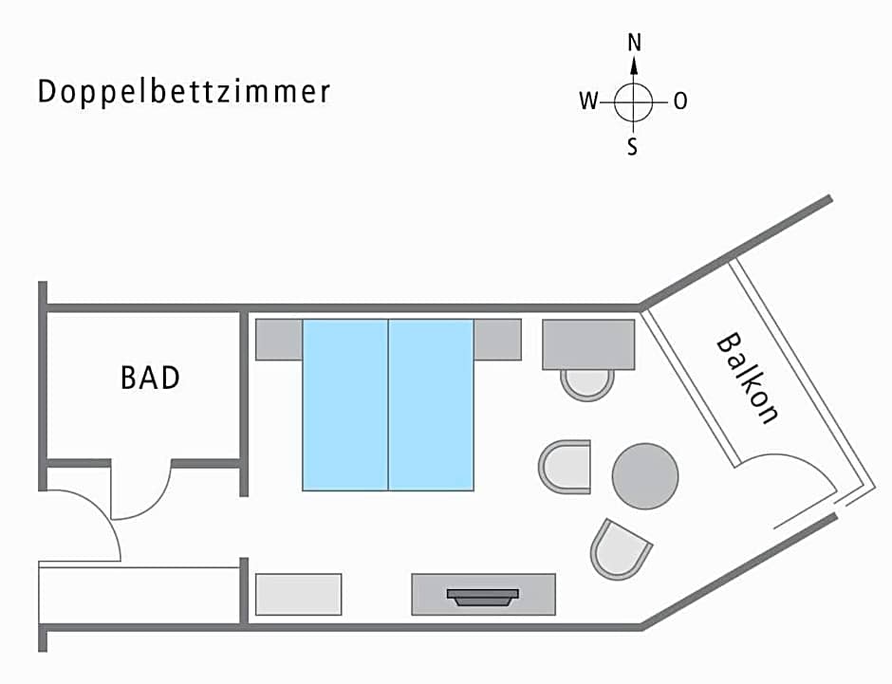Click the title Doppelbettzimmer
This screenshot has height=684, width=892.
[184, 92]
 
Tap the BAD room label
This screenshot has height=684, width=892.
[150, 378]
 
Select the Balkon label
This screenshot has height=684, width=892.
[749, 377]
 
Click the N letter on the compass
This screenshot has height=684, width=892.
[634, 43]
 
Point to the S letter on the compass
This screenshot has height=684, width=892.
[633, 148]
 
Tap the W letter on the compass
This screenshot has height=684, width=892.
[588, 102]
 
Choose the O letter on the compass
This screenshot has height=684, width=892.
[680, 102]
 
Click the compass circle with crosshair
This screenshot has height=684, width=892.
[634, 102]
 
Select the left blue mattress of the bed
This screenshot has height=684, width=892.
[345, 404]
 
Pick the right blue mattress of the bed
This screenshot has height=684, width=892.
[431, 404]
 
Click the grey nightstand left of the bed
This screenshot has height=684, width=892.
[279, 339]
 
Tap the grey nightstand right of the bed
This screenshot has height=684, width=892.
[498, 339]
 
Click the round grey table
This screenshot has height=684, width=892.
[645, 476]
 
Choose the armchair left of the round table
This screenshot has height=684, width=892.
[566, 468]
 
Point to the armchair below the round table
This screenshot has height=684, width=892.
[620, 548]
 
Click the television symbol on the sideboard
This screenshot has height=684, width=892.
[483, 597]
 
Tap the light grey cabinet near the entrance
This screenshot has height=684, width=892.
[299, 594]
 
